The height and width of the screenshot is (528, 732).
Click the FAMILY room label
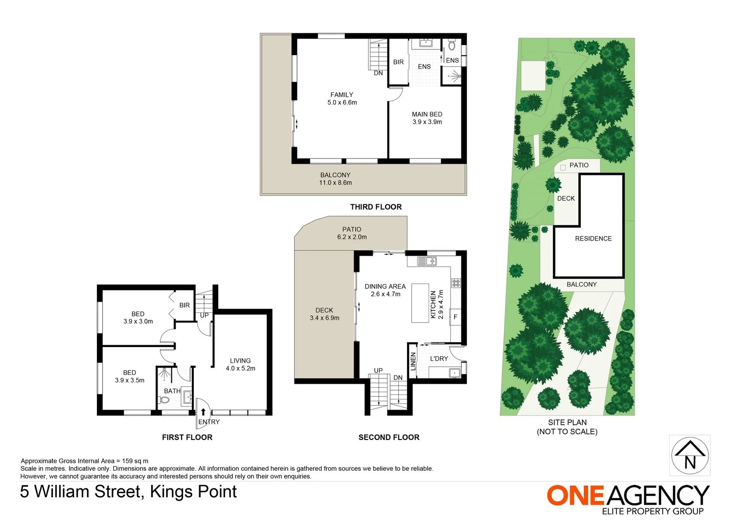pyautogui.click(x=342, y=95)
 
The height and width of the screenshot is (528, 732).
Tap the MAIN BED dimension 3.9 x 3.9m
pyautogui.click(x=427, y=122)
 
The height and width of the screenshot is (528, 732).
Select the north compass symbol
pyautogui.click(x=689, y=455)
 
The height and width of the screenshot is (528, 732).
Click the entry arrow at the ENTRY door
pyautogui.click(x=204, y=412)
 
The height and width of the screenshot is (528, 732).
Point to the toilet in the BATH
pyautogui.click(x=165, y=400)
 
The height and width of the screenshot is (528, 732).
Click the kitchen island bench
pyautogui.click(x=420, y=303)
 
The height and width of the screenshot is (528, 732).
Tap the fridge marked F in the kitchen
pyautogui.click(x=455, y=317)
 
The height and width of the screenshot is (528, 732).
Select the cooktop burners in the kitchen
pyautogui.click(x=456, y=283)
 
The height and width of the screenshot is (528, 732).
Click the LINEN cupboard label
pyautogui.click(x=412, y=361)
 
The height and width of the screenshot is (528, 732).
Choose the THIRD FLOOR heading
pyautogui.click(x=376, y=207)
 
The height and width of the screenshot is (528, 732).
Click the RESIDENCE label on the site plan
pyautogui.click(x=593, y=239)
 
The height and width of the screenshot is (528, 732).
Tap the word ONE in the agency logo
pyautogui.click(x=575, y=496)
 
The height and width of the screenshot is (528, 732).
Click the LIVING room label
pyautogui.click(x=240, y=361)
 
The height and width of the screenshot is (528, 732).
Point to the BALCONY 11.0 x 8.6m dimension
pyautogui.click(x=335, y=183)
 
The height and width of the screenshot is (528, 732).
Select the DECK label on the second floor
pyautogui.click(x=324, y=310)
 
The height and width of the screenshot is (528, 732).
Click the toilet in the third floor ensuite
pyautogui.click(x=452, y=46)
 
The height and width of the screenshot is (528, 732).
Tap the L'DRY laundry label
pyautogui.click(x=439, y=359)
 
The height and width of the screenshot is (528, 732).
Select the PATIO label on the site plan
pyautogui.click(x=579, y=165)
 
